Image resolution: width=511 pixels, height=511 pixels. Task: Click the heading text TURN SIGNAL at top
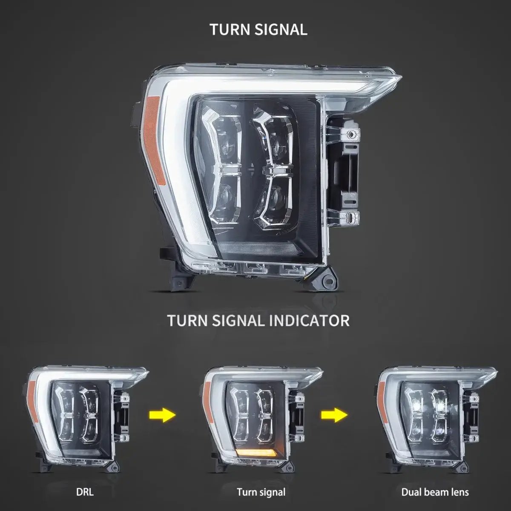(258, 29)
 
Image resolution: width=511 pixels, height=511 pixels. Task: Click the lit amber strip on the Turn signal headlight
(252, 452)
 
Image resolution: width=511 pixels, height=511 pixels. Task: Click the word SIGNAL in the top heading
(281, 29)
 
